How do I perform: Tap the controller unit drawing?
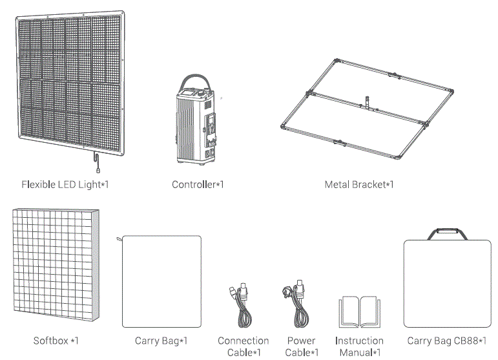click(196, 126)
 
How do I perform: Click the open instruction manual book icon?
click(360, 312)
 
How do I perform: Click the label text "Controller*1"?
click(198, 185)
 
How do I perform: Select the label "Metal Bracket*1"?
click(358, 185)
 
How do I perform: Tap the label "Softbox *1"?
click(56, 341)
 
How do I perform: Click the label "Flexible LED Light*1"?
click(65, 185)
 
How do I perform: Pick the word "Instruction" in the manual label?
click(359, 341)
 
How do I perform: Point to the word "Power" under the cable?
click(302, 341)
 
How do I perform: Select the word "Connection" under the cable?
click(244, 341)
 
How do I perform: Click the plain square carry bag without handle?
click(161, 282)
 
